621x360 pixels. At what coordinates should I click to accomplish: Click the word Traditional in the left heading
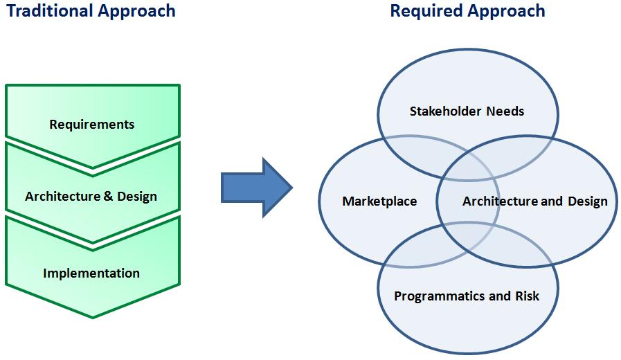(50, 10)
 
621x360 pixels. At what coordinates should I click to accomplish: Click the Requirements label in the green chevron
(92, 125)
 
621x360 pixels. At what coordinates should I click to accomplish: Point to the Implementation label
(91, 273)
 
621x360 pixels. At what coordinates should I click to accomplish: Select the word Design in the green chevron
(137, 197)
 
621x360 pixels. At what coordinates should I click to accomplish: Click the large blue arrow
(257, 188)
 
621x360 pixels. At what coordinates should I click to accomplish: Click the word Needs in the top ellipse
(505, 111)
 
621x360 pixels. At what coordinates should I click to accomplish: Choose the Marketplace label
(379, 201)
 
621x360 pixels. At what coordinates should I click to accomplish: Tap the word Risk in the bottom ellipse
(527, 296)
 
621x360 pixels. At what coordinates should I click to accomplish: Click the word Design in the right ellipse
(588, 201)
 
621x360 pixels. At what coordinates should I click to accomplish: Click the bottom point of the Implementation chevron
(93, 318)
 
